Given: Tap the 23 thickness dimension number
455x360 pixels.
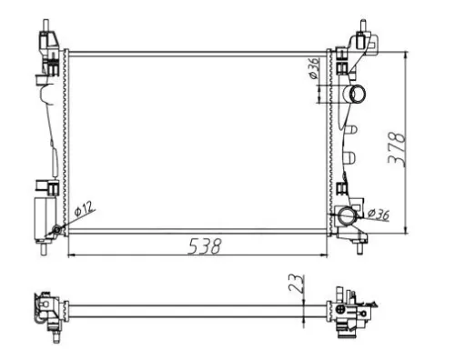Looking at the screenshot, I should click(x=296, y=283).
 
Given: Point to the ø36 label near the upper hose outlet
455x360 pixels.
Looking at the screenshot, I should click(x=313, y=70).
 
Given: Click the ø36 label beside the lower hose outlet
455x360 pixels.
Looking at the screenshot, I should click(x=379, y=215).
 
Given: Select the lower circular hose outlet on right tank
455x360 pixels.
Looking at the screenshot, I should click(x=347, y=216).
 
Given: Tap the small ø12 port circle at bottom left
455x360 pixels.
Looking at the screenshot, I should click(x=57, y=228).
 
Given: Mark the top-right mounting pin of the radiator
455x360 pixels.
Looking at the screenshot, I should click(x=361, y=23).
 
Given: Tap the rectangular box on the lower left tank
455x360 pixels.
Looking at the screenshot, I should click(x=44, y=215).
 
